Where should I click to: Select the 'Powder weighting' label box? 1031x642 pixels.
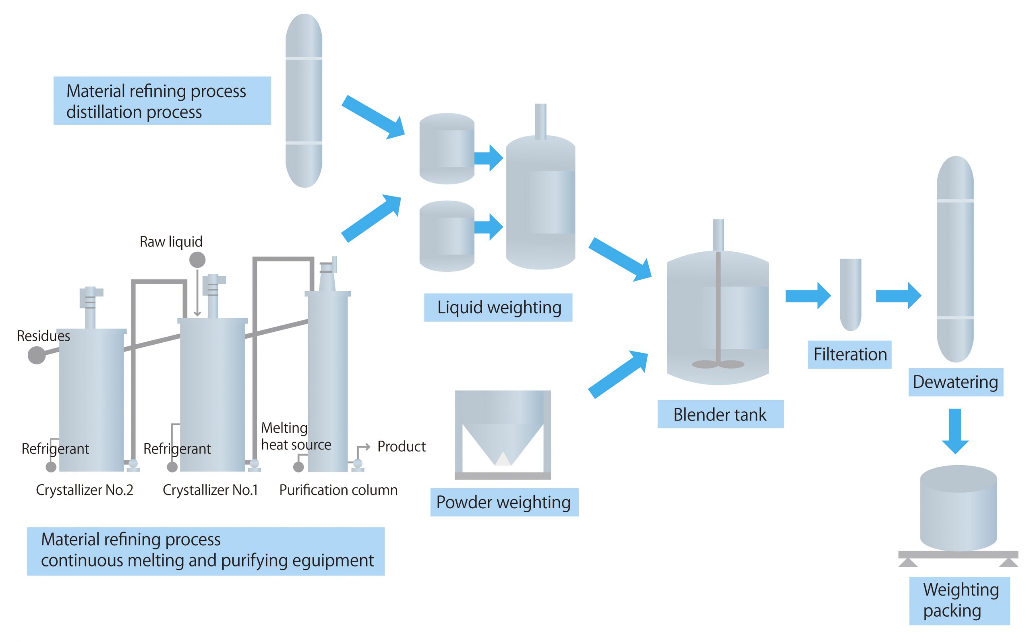click(504, 502)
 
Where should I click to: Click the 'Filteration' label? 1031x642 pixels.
click(849, 354)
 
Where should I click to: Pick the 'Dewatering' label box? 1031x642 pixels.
click(955, 382)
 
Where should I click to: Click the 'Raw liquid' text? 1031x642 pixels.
click(171, 242)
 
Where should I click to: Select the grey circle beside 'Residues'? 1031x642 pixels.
click(37, 355)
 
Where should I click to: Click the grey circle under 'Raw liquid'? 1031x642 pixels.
click(197, 260)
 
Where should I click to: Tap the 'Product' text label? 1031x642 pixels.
click(401, 446)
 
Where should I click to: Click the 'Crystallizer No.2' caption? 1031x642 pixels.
click(85, 490)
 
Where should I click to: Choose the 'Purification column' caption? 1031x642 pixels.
click(338, 490)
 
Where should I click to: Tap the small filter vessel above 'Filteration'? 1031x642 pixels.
click(851, 294)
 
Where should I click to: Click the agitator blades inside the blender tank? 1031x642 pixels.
click(718, 364)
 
